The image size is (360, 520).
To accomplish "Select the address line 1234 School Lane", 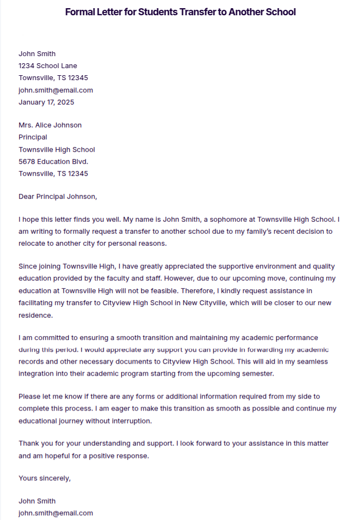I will click(x=48, y=65).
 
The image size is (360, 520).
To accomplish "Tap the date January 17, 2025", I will click(x=46, y=102).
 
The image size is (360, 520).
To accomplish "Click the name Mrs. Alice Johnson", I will click(x=50, y=125).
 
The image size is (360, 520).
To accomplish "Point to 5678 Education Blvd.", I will click(x=53, y=161).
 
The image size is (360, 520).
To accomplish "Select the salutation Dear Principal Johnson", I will click(x=57, y=196).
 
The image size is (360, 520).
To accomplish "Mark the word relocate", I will click(x=33, y=244).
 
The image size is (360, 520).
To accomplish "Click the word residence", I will click(x=36, y=315).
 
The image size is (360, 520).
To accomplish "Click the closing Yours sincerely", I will click(x=45, y=478).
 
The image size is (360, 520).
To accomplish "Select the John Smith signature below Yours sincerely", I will click(x=37, y=501).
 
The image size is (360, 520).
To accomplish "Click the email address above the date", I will click(x=56, y=90).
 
